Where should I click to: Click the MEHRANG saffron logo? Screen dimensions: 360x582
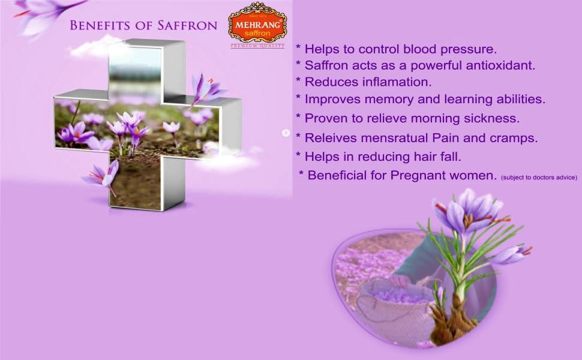257,23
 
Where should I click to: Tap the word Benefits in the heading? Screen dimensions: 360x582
99,25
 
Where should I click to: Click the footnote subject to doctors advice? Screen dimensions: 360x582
539,177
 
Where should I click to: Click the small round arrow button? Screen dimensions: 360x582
286,133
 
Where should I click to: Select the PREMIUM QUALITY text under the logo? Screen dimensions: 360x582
257,46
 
